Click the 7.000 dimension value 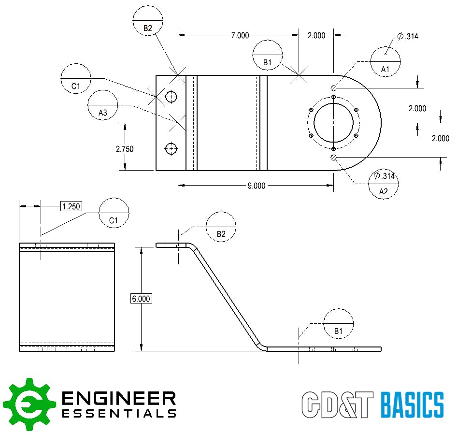240,35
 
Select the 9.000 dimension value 256,186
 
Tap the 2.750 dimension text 124,149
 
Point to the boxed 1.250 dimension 71,206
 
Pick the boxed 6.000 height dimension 141,299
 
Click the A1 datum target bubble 386,61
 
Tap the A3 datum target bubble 103,105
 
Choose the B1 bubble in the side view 338,323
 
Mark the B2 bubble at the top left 148,21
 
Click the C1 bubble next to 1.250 114,213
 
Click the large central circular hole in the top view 334,123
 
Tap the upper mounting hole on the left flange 171,98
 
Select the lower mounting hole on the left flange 171,149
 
